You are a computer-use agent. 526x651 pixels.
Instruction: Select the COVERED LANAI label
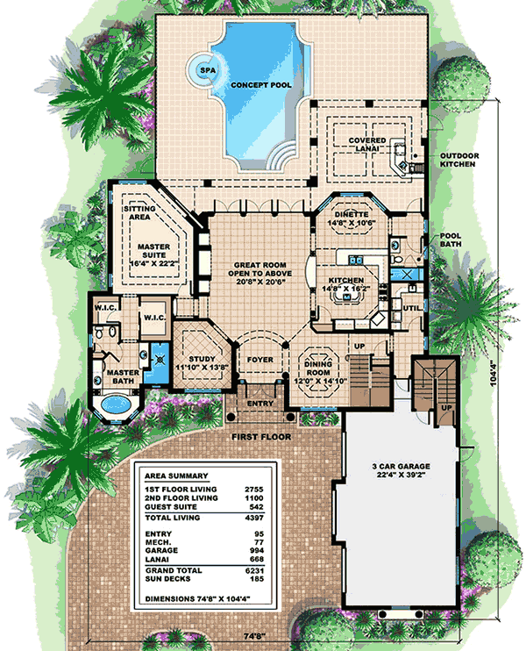(368, 145)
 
